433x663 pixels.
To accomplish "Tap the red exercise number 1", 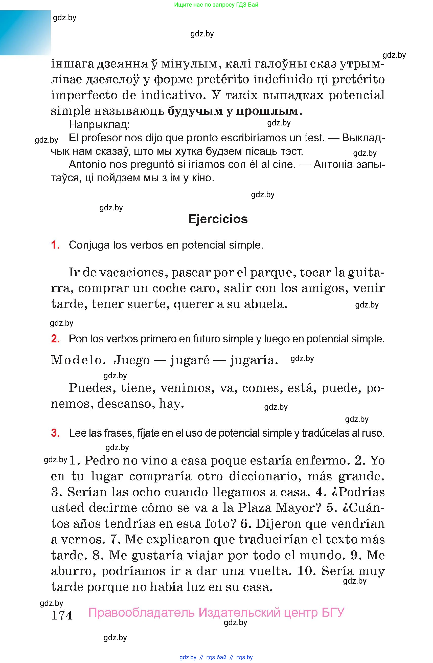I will tap(55, 245).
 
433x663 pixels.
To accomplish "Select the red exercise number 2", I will tap(55, 339).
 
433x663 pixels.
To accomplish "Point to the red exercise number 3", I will tap(55, 433).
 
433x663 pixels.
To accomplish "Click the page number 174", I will tap(62, 615).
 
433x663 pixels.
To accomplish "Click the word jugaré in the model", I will tap(190, 360).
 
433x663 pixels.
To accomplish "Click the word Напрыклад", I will tap(99, 124).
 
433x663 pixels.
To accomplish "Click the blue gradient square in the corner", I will tap(25, 33).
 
